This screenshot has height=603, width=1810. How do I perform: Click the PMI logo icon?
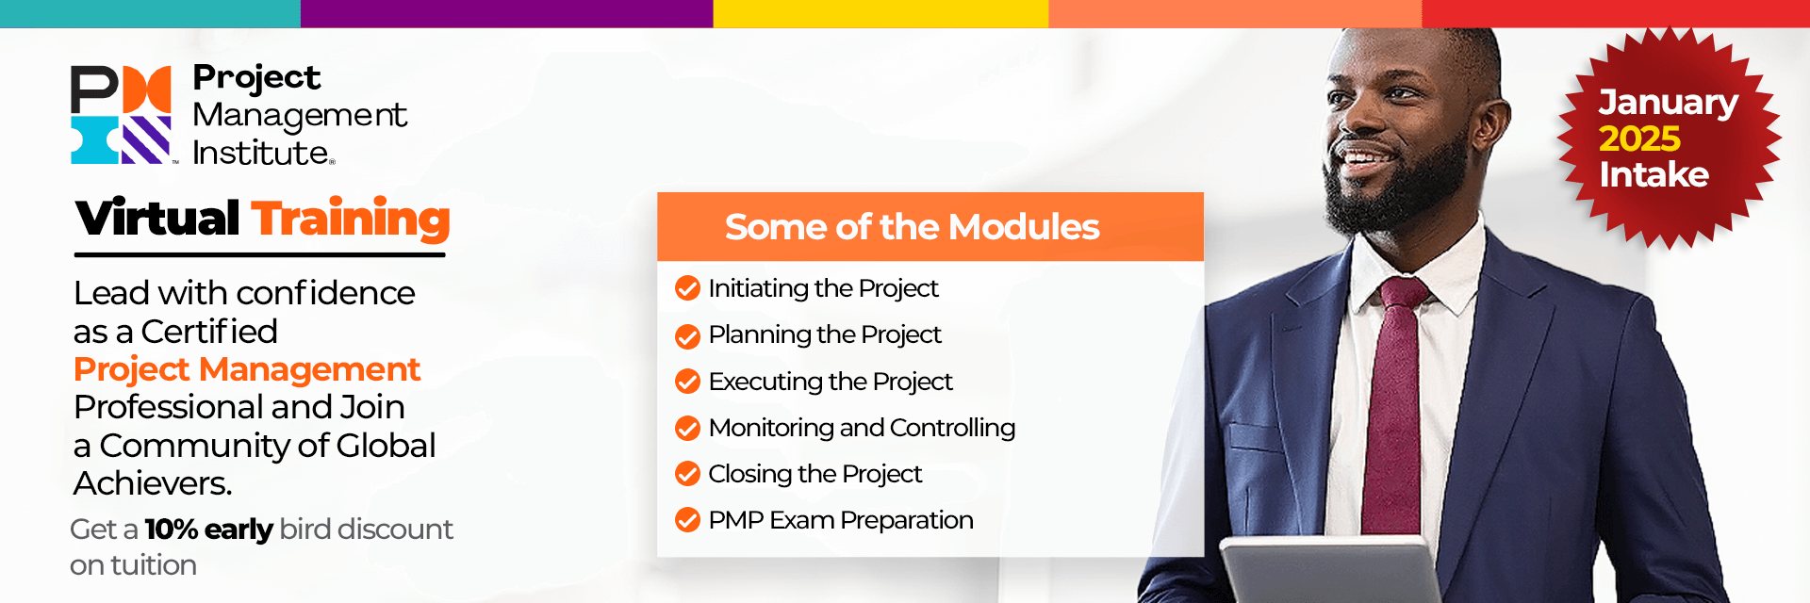click(x=122, y=115)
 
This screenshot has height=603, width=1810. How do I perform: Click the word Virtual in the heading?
click(x=157, y=219)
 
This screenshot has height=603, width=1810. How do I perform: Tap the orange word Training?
click(x=351, y=220)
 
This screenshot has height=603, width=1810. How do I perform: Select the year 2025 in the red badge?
click(x=1639, y=139)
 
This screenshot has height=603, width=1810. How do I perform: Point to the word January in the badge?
click(x=1668, y=103)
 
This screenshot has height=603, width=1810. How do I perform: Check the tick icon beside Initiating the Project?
click(x=688, y=288)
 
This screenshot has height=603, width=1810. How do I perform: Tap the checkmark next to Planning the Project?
click(x=688, y=335)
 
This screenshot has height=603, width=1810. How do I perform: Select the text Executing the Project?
click(x=831, y=382)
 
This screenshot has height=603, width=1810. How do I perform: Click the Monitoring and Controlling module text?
click(x=862, y=428)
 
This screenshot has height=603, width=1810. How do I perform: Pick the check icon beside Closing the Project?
click(x=688, y=473)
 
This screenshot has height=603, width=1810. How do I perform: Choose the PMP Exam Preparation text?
click(x=841, y=520)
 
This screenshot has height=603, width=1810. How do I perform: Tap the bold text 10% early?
click(x=208, y=530)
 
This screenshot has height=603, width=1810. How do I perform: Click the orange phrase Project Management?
click(x=247, y=369)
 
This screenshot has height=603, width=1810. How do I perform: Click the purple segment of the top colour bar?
click(x=507, y=13)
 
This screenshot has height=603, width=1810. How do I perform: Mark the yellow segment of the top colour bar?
click(x=880, y=13)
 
